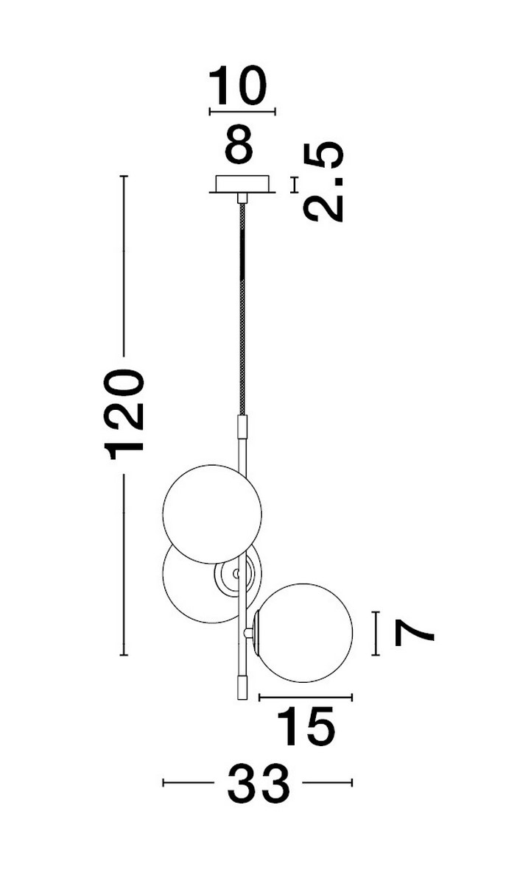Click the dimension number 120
125,415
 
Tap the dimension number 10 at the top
236,85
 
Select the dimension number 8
239,145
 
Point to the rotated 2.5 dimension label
324,181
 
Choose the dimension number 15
306,728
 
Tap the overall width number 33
258,784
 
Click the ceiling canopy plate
242,182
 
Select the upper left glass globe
212,514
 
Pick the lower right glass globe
303,632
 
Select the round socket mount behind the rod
236,573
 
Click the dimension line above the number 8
242,112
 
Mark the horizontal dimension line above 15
306,696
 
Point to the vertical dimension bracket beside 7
378,633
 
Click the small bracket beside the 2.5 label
295,184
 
